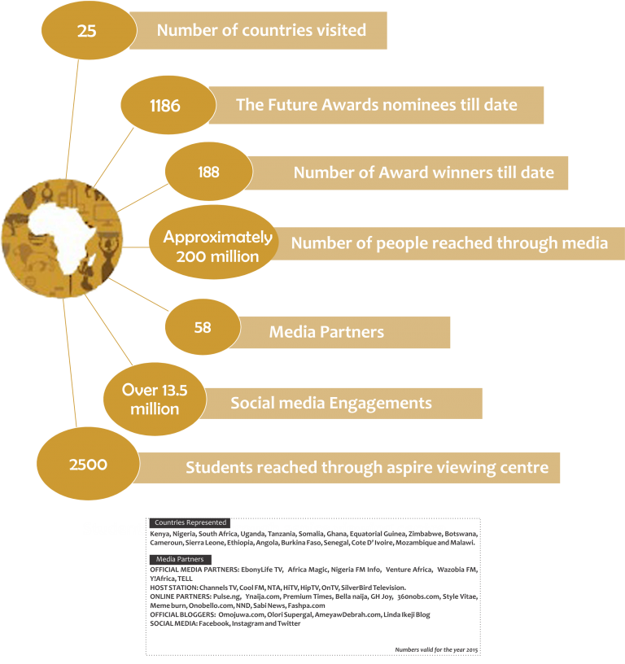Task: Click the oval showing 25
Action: (87, 31)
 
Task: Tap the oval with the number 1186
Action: (165, 106)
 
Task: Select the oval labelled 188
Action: (208, 172)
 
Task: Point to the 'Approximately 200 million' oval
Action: (212, 247)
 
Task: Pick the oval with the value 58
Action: (203, 326)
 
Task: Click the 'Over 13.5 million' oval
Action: (155, 400)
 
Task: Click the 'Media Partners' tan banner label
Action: (326, 332)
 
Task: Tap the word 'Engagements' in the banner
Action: (382, 403)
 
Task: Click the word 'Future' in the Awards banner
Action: (292, 104)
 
